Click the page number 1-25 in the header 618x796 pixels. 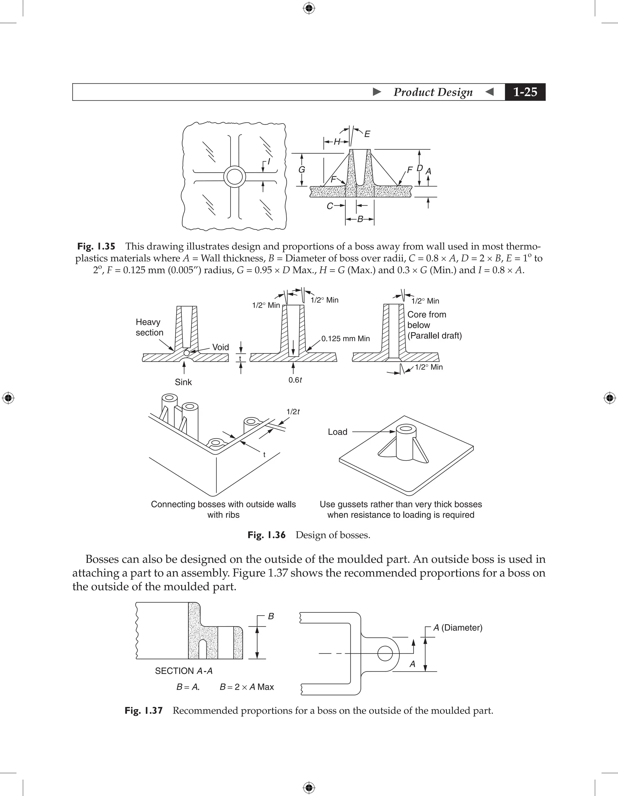pyautogui.click(x=525, y=92)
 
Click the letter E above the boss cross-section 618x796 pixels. pyautogui.click(x=367, y=134)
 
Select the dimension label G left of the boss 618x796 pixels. pyautogui.click(x=301, y=170)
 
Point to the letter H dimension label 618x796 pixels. pyautogui.click(x=337, y=142)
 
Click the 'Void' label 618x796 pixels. pyautogui.click(x=220, y=347)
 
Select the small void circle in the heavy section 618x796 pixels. pyautogui.click(x=186, y=353)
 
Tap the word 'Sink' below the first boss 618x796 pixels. pyautogui.click(x=183, y=382)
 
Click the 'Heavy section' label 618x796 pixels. pyautogui.click(x=149, y=327)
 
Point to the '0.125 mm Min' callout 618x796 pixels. pyautogui.click(x=345, y=339)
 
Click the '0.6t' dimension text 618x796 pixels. pyautogui.click(x=295, y=380)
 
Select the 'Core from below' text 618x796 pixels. pyautogui.click(x=426, y=320)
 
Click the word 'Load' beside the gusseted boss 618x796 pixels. pyautogui.click(x=337, y=432)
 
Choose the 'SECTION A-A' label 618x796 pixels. pyautogui.click(x=183, y=671)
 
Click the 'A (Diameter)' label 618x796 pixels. pyautogui.click(x=457, y=627)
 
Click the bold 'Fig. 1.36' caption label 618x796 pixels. pyautogui.click(x=266, y=535)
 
